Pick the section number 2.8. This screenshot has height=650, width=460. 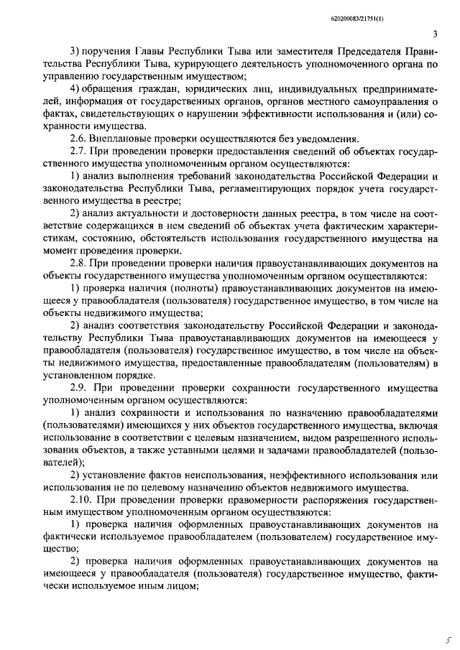click(x=80, y=264)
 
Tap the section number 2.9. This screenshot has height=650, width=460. click(x=80, y=389)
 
